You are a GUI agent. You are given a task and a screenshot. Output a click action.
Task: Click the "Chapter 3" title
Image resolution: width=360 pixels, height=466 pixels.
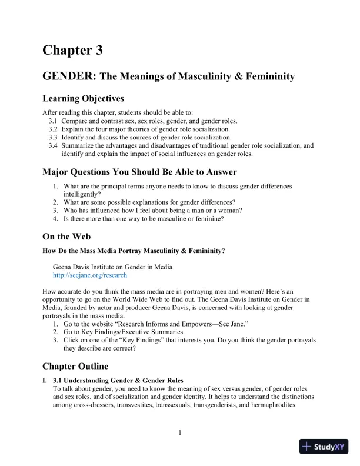coord(72,51)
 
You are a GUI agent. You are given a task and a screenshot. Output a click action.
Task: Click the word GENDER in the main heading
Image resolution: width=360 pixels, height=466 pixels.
coord(69,76)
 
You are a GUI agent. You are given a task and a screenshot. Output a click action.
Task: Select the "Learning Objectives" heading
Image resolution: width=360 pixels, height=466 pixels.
coord(83,98)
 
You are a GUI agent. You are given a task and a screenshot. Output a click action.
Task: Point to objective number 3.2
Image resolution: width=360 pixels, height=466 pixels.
coord(53,129)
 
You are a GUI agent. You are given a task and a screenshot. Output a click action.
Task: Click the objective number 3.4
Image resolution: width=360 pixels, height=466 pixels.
coord(53,145)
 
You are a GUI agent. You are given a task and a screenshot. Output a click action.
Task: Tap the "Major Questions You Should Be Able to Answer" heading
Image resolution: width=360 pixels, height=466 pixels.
coord(139,172)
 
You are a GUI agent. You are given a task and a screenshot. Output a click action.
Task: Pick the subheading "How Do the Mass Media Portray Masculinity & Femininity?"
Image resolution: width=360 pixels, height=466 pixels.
coord(134,251)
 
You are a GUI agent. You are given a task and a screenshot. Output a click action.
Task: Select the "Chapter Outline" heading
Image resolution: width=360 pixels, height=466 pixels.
coord(75,367)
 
